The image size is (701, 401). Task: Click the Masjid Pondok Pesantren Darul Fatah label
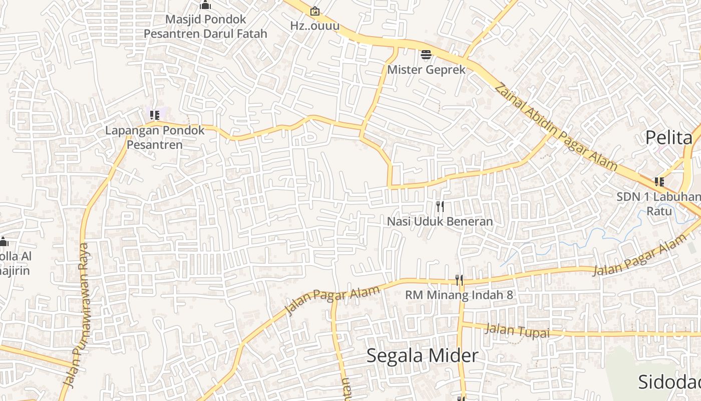coord(205,27)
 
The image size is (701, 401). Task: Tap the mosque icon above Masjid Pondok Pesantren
coord(205,6)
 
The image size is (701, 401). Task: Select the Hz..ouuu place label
coord(314,26)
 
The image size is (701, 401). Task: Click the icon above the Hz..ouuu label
coord(314,11)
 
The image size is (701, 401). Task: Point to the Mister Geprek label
coord(426,70)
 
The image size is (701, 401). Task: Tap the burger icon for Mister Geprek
coord(426,55)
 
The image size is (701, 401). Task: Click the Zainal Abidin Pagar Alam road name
coord(555,128)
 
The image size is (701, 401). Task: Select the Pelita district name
coord(668,137)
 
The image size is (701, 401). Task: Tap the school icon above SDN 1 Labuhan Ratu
coord(659,182)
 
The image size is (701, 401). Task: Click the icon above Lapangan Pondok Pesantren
coord(155,115)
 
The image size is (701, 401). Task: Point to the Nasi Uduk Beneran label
coord(440,221)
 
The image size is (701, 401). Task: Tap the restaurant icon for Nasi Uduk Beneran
coord(440,206)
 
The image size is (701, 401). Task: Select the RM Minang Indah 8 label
coord(459,295)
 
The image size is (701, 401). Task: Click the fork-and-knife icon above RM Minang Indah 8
coord(459,280)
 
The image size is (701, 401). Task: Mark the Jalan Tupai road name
coord(517,331)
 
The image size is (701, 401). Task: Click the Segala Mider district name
coord(422,355)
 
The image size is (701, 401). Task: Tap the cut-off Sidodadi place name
coord(669,382)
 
